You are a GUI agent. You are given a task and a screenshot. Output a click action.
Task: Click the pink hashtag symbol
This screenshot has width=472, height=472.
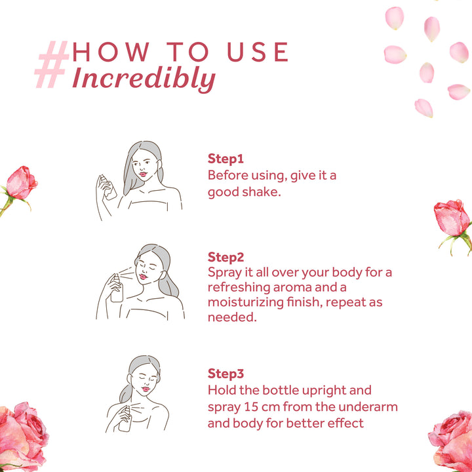[x=52, y=64]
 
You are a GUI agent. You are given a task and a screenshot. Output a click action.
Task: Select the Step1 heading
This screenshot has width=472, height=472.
[x=226, y=159]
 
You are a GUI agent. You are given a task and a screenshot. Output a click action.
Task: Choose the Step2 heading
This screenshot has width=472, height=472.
[x=226, y=257]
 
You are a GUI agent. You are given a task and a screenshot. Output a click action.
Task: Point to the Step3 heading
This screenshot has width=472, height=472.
[x=226, y=373]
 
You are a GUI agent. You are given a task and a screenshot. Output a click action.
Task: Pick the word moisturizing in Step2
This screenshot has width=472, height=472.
[x=245, y=302]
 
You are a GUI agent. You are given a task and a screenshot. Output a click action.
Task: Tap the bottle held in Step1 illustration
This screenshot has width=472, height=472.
[x=108, y=187]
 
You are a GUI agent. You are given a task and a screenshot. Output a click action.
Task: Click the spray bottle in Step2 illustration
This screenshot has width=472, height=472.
[x=117, y=288]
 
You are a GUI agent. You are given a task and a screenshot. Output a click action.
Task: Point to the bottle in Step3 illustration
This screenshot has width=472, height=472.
[x=125, y=419]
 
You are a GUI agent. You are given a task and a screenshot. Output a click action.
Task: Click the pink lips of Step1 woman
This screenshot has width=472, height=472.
[x=143, y=174]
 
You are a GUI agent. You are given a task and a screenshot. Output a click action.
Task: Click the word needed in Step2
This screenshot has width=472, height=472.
[x=232, y=317]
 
